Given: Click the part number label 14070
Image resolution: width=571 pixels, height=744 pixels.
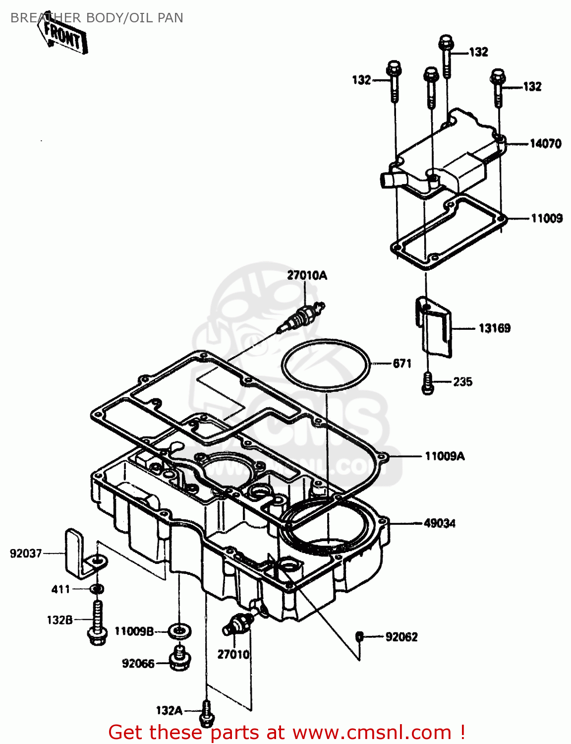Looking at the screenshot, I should pyautogui.click(x=545, y=144).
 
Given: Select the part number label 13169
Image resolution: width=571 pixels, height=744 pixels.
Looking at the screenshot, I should pyautogui.click(x=494, y=328).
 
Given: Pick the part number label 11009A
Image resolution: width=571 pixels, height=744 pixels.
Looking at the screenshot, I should pyautogui.click(x=445, y=456).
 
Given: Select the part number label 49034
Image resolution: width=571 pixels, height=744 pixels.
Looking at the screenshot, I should pyautogui.click(x=439, y=523).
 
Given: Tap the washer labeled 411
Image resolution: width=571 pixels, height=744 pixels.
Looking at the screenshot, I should pyautogui.click(x=97, y=589).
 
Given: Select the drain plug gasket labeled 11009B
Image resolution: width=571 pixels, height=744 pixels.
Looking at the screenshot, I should pyautogui.click(x=179, y=631).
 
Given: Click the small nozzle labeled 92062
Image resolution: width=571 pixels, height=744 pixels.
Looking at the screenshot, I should pyautogui.click(x=360, y=636).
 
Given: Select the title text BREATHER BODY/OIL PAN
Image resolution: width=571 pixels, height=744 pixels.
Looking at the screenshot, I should pyautogui.click(x=97, y=18).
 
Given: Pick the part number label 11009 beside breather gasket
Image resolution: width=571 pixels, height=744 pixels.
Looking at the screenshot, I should pyautogui.click(x=546, y=218).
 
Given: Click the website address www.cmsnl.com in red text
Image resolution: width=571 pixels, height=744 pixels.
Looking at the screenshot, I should pyautogui.click(x=372, y=733).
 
